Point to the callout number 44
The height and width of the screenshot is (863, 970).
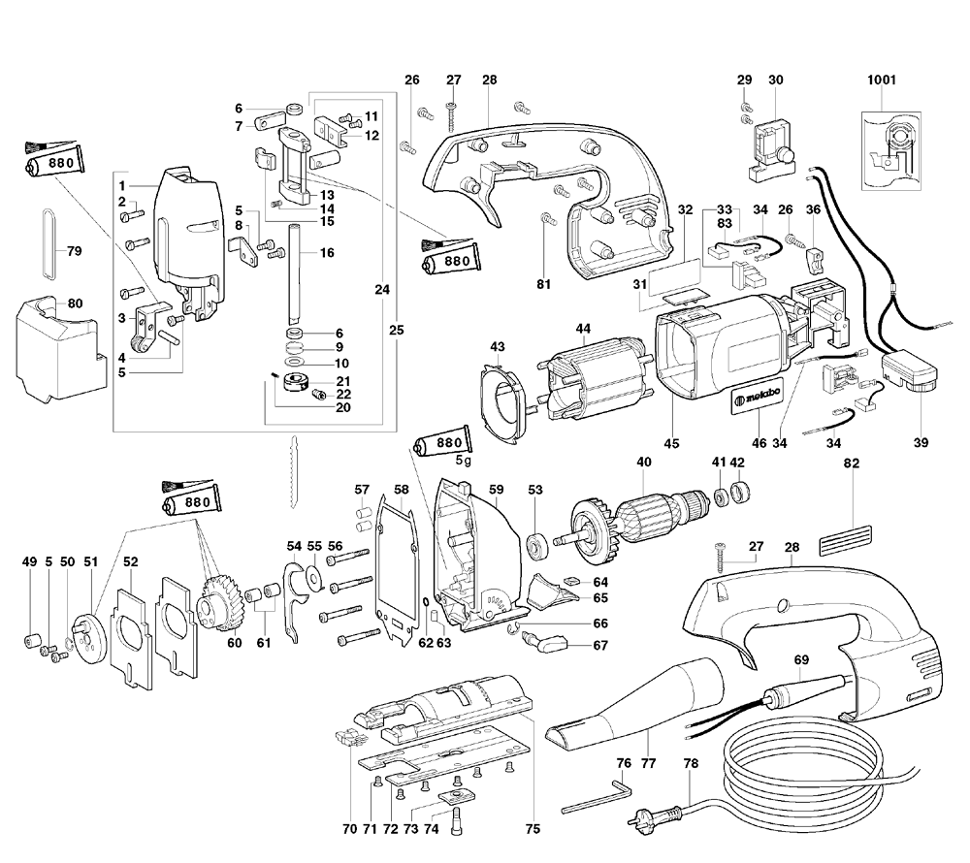tap(583, 330)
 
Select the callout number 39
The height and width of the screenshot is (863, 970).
tap(921, 443)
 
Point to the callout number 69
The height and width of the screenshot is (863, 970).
tap(801, 659)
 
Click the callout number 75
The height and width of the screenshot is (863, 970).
tap(533, 829)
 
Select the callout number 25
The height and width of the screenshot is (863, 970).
tap(396, 330)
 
